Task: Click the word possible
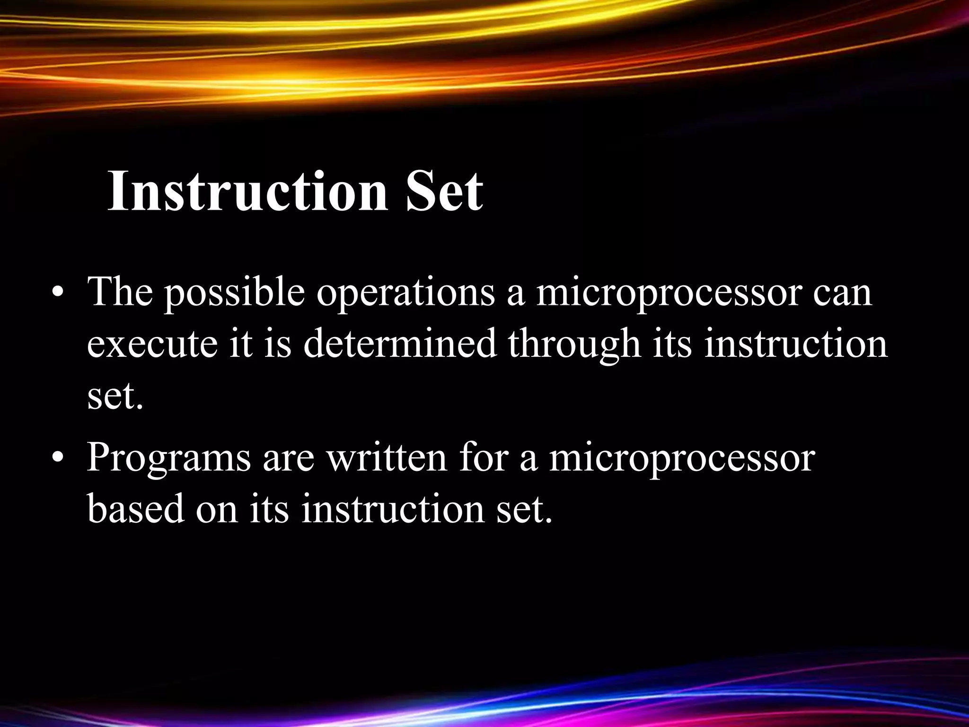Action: (x=234, y=293)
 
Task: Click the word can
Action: (x=842, y=293)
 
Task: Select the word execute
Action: (x=152, y=345)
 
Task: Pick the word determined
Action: (x=400, y=345)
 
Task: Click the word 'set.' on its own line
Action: (x=115, y=397)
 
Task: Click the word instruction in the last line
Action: (x=392, y=509)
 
